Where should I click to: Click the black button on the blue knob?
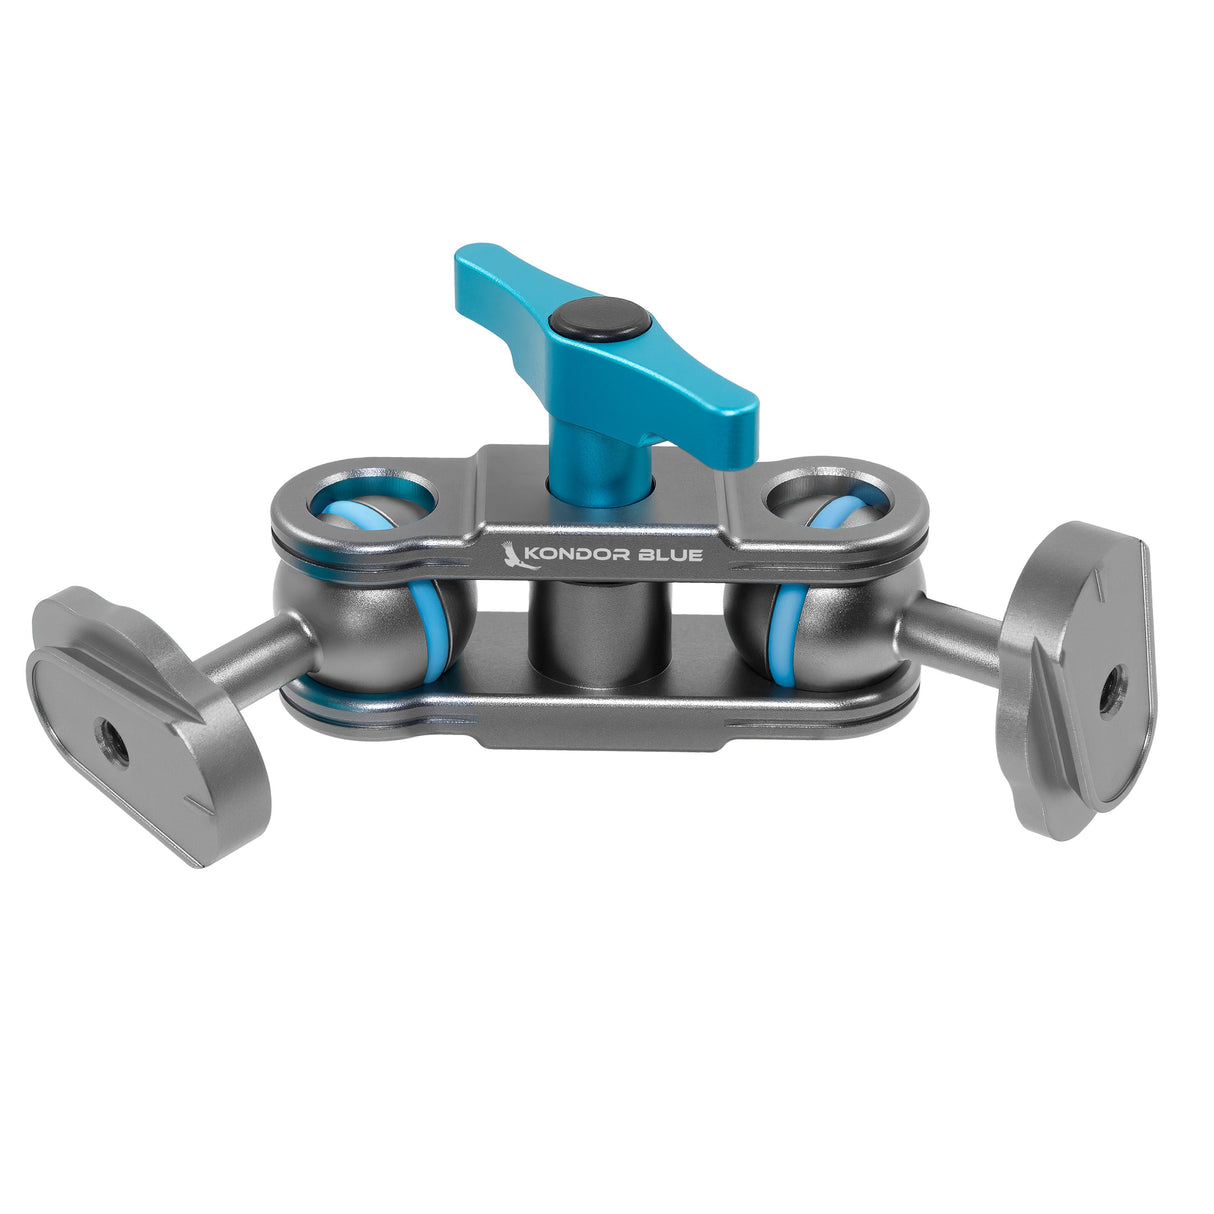point(599,321)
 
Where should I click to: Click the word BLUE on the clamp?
point(676,555)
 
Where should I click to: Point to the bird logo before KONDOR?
point(521,555)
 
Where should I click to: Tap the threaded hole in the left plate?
point(108,738)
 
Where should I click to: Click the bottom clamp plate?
point(600,715)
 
